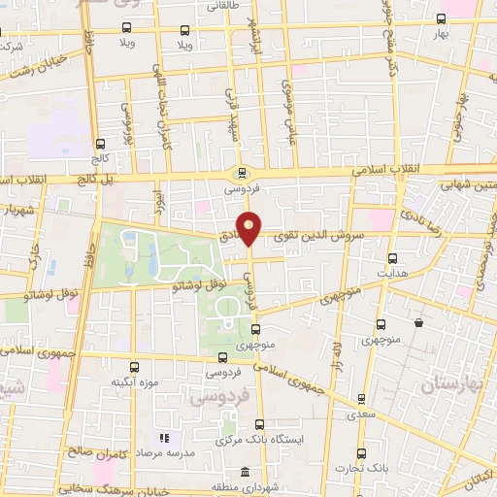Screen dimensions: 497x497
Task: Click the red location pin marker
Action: [x=250, y=228]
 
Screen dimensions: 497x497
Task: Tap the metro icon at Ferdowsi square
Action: [x=242, y=174]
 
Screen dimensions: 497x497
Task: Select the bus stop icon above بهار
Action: [x=443, y=19]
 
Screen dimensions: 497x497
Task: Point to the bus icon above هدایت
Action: [x=392, y=258]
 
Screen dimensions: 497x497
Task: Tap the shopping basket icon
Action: [x=418, y=323]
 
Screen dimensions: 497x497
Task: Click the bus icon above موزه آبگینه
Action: [x=134, y=368]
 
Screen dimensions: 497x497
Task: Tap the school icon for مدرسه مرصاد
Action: [x=163, y=438]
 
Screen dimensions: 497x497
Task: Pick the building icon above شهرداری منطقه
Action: [x=243, y=472]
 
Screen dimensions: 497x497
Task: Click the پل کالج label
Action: [x=96, y=181]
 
